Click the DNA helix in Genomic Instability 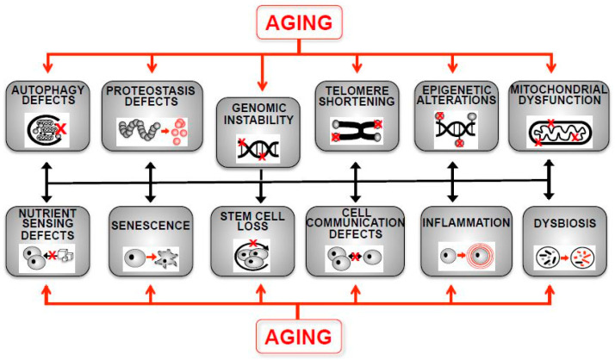tap(258, 147)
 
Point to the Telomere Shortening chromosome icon tap(355, 129)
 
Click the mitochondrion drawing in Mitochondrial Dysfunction tap(551, 130)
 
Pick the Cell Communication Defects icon tap(355, 257)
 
